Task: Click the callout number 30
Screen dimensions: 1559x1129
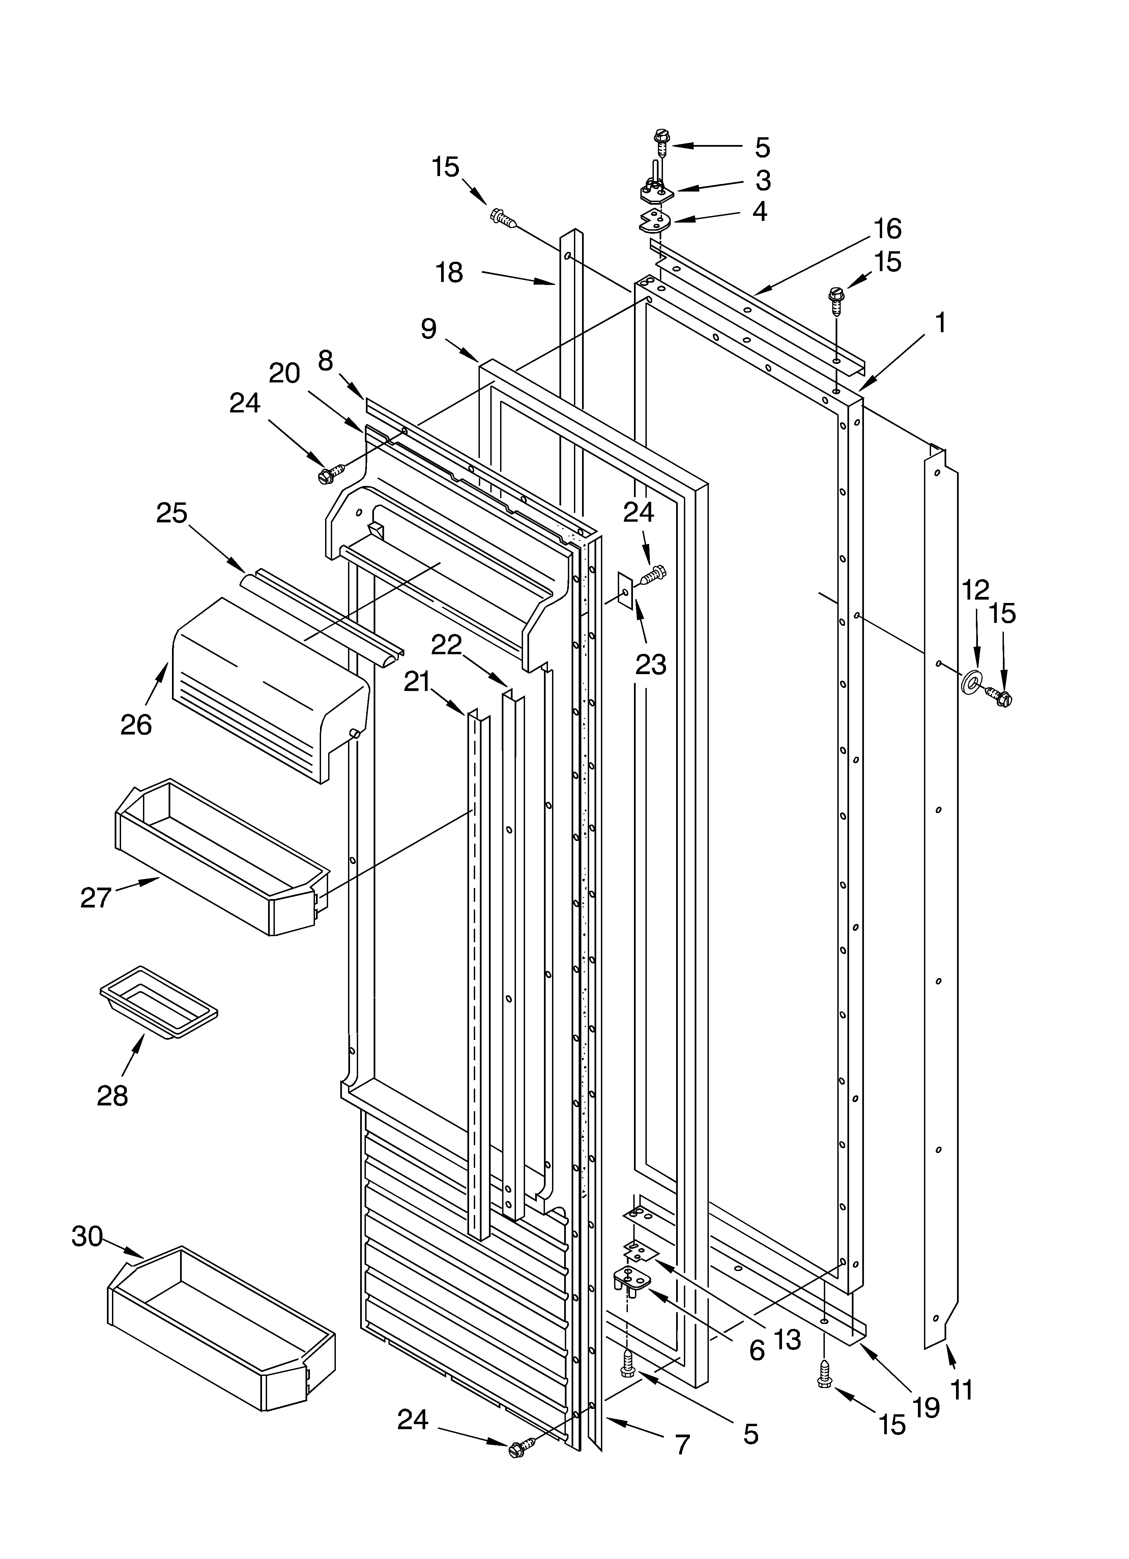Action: (87, 1237)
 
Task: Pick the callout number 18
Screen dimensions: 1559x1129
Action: (450, 273)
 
